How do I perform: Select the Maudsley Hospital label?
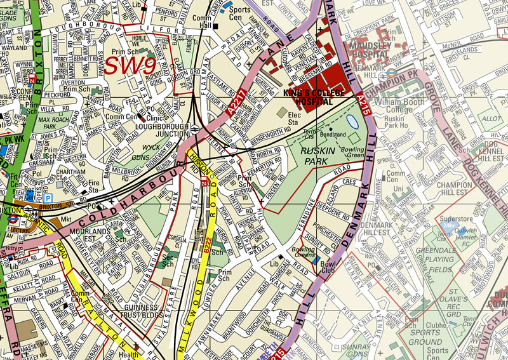pyautogui.click(x=378, y=50)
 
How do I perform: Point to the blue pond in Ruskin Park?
pyautogui.click(x=353, y=121)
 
